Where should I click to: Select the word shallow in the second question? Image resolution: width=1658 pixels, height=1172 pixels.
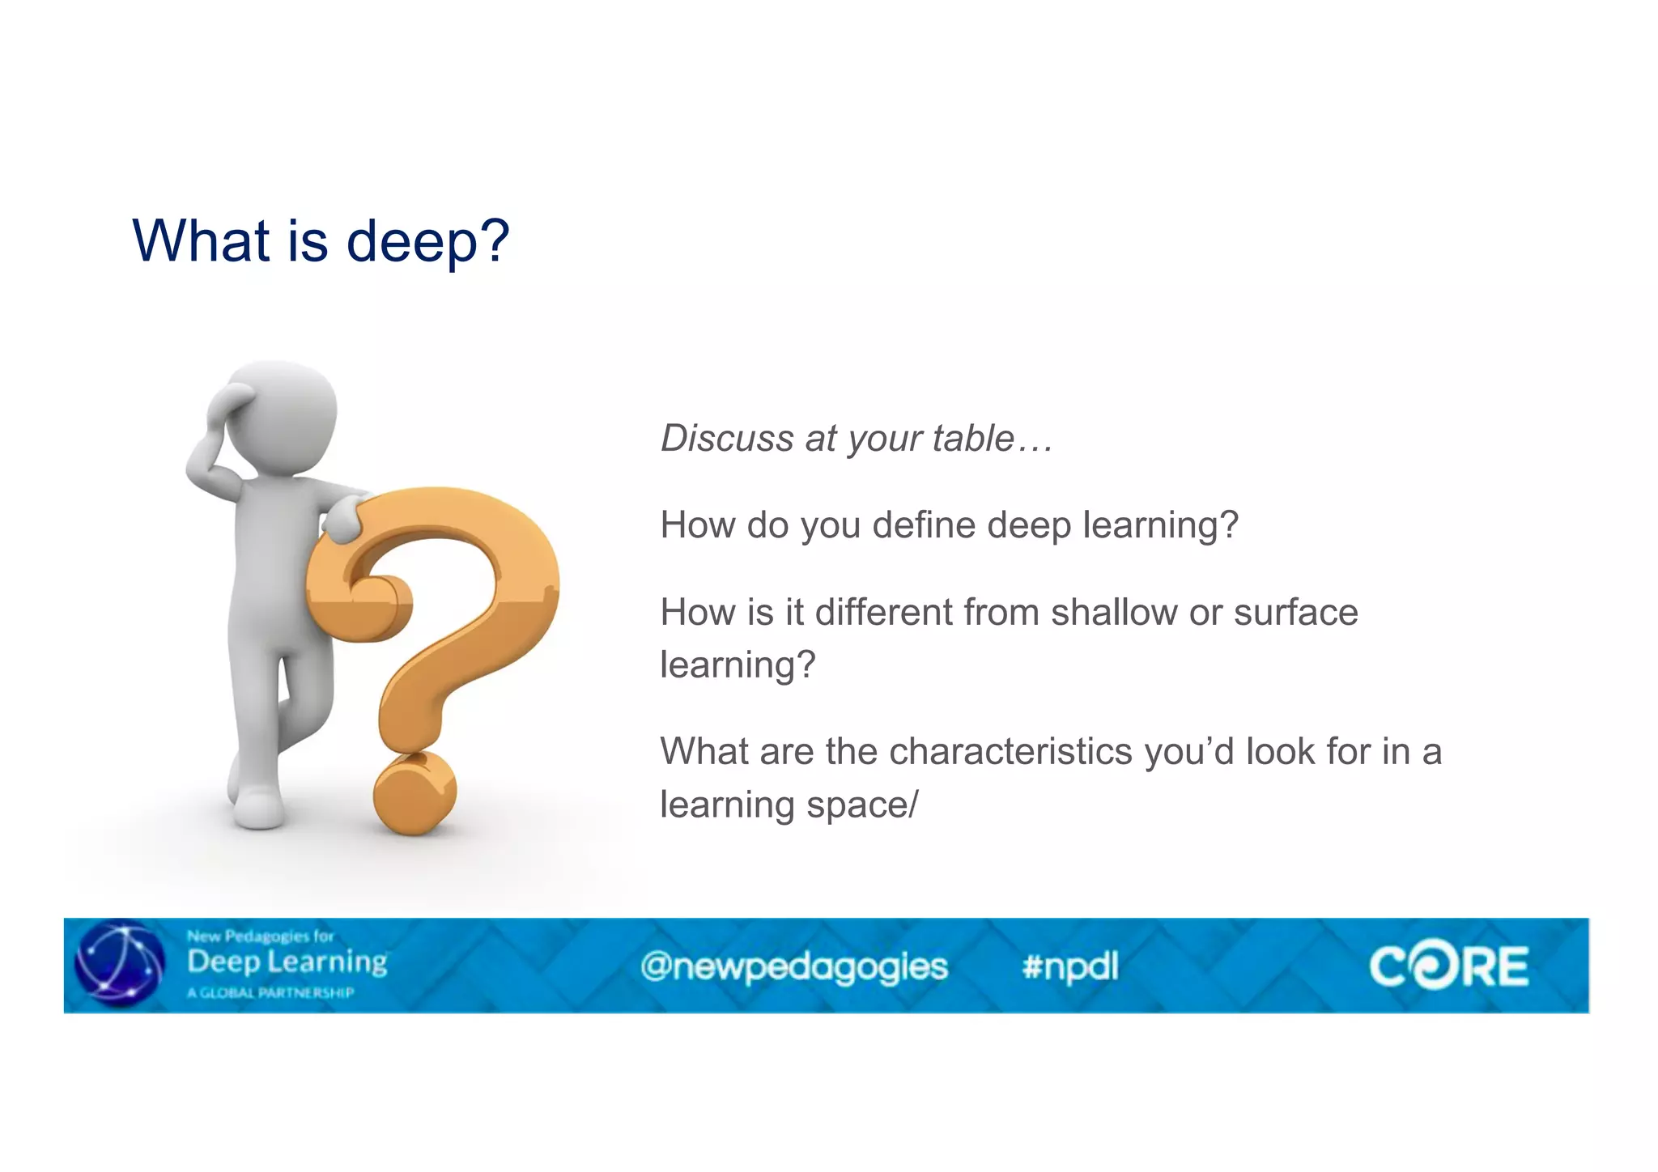click(x=1114, y=613)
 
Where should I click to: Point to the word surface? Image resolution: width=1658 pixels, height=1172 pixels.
click(x=1295, y=613)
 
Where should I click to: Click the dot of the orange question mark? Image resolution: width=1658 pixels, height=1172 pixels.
click(x=414, y=794)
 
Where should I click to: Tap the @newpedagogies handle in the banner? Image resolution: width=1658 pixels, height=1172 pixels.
click(x=793, y=966)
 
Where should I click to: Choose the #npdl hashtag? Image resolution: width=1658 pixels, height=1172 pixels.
click(x=1069, y=966)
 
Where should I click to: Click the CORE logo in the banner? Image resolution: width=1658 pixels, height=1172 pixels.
click(x=1448, y=966)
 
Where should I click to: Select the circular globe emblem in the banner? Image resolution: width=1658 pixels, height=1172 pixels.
click(x=120, y=965)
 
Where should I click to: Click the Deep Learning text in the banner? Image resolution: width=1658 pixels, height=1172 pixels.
click(x=287, y=962)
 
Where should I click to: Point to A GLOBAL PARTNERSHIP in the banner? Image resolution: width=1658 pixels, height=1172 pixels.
click(x=270, y=993)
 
